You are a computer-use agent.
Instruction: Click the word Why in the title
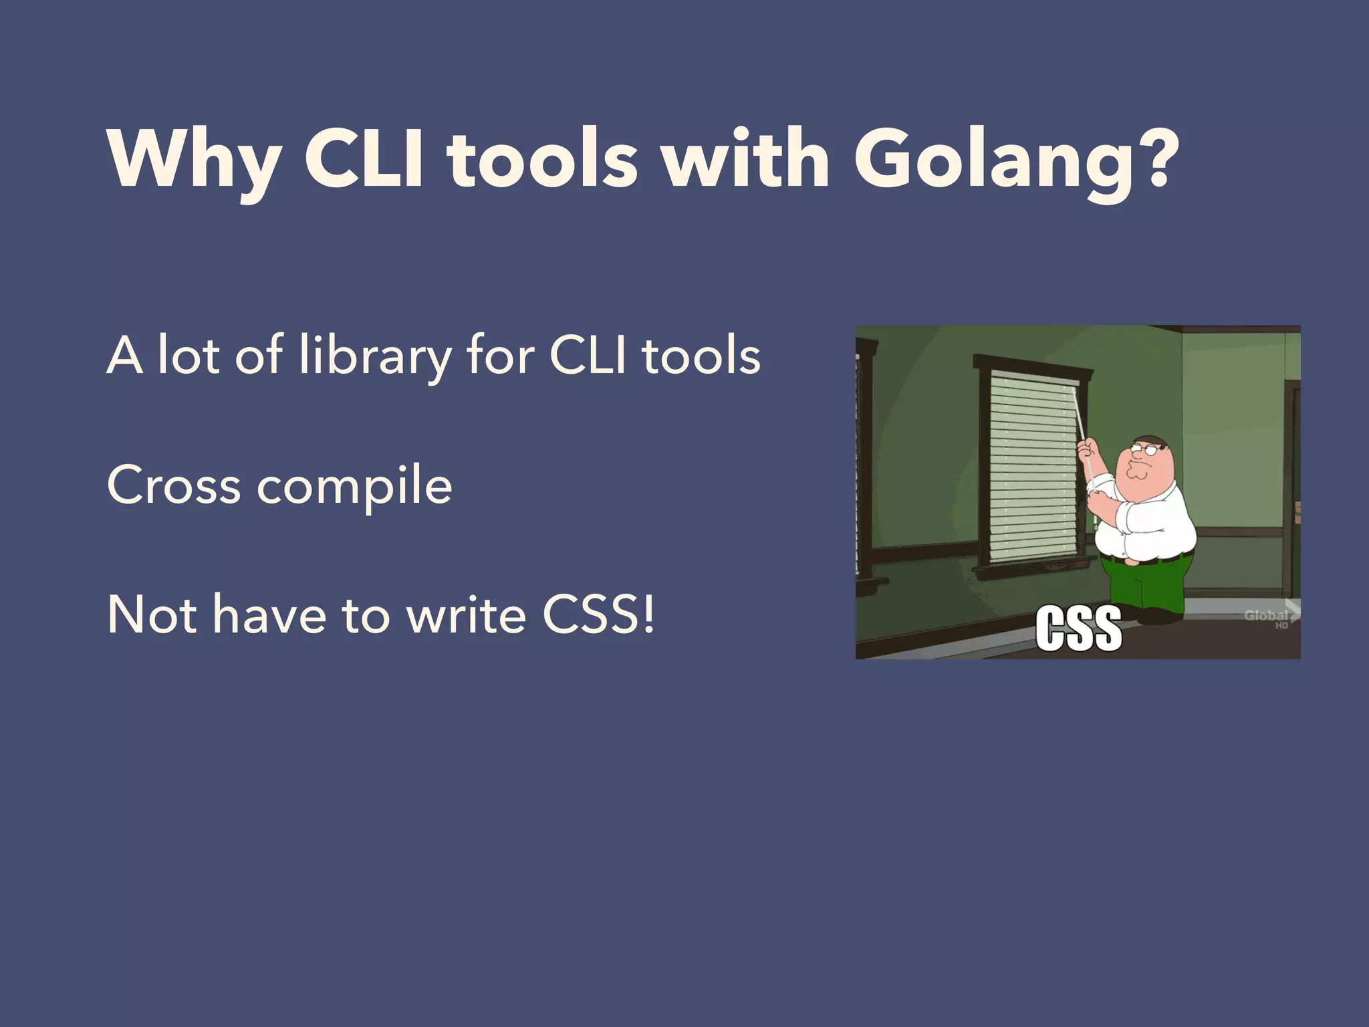pos(194,160)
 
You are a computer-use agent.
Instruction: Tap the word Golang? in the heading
pos(1016,160)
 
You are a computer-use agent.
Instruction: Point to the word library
pos(375,356)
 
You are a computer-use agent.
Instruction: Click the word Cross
pos(174,485)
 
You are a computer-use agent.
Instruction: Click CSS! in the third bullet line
pos(598,615)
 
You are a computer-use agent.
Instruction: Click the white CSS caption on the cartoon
pos(1078,628)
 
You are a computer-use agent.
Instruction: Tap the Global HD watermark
pos(1267,618)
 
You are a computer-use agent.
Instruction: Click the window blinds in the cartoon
pos(1033,468)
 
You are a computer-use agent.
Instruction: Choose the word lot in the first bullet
pos(188,355)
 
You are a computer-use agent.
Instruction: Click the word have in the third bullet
pos(269,615)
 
